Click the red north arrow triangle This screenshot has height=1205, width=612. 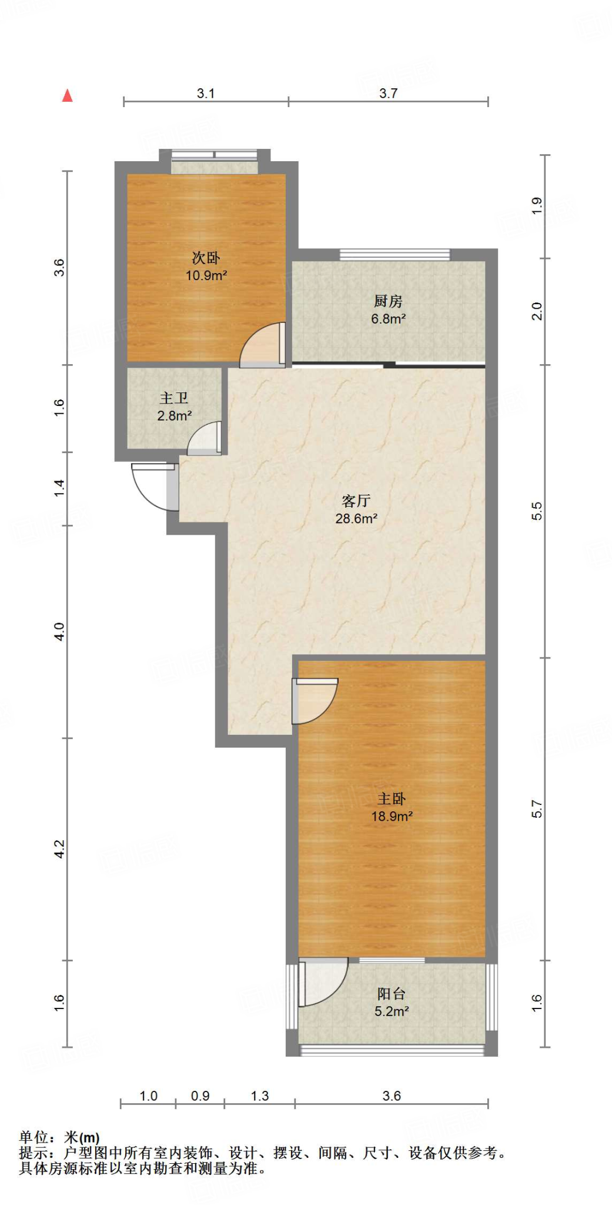pos(68,95)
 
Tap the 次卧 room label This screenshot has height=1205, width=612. pos(206,258)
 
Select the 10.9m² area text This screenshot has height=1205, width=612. pos(206,275)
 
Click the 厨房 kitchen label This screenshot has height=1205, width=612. pos(389,301)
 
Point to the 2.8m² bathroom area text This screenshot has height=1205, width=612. pos(175,416)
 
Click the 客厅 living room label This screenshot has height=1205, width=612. pos(356,501)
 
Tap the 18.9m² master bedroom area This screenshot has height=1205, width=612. pos(392,816)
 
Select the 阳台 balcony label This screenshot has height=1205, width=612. pos(392,994)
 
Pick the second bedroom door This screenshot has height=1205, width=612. pos(263,345)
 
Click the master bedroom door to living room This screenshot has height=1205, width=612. pos(315,701)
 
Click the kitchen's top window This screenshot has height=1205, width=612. pos(395,255)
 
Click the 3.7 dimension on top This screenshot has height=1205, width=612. pos(388,93)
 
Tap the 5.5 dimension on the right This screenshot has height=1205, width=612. pos(537,511)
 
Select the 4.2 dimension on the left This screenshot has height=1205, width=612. pos(59,848)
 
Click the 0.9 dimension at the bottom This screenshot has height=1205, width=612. pos(200,1096)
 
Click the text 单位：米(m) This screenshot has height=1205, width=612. pos(59,1137)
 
